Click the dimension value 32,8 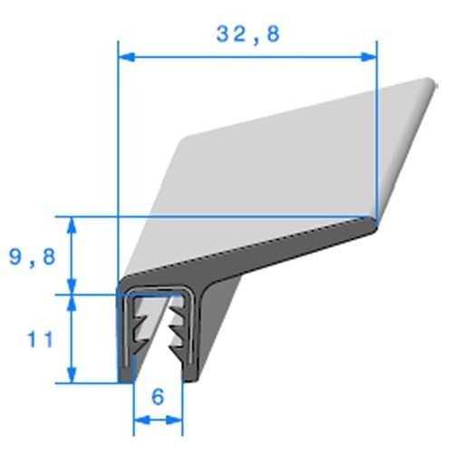(x=247, y=34)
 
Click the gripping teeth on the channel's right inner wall (x=174, y=331)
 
